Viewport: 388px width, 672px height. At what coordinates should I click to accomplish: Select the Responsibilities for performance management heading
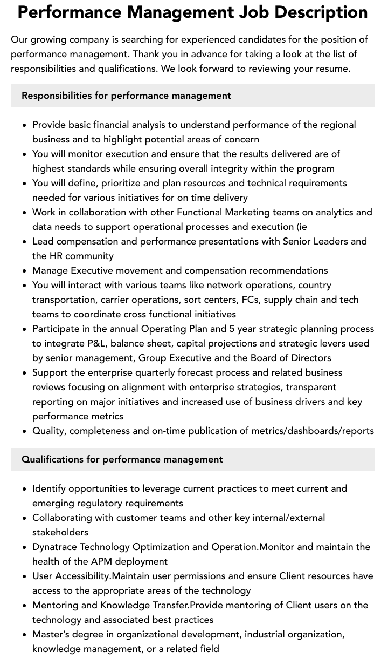pos(126,96)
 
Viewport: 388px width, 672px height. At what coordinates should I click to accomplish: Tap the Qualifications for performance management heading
pos(122,459)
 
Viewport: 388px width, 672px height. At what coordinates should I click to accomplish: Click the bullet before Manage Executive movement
pos(25,271)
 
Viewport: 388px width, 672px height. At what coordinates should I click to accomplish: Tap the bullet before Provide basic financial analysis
pos(25,125)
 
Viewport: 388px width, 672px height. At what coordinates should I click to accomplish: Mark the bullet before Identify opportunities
pos(25,489)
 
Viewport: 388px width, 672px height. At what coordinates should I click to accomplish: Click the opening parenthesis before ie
pos(298,227)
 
